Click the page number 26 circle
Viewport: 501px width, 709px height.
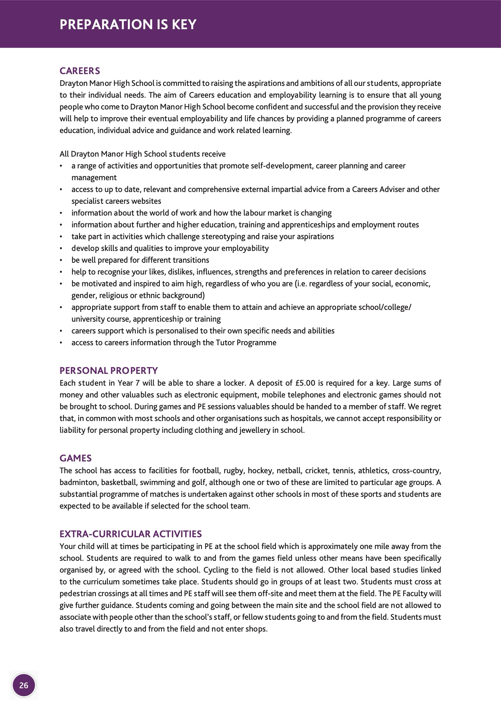tap(24, 685)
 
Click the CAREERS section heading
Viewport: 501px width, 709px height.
tap(80, 71)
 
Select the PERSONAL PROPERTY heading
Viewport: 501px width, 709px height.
tap(108, 370)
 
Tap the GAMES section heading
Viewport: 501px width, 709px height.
tap(75, 458)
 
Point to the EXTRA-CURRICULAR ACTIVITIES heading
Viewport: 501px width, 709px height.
tap(130, 534)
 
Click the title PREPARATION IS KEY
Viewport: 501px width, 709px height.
tap(128, 24)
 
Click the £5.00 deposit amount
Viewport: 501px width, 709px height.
tap(305, 383)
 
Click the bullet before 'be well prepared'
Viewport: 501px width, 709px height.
tap(61, 260)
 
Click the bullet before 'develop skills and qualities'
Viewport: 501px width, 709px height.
tap(61, 249)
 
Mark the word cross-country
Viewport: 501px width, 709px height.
tap(416, 471)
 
